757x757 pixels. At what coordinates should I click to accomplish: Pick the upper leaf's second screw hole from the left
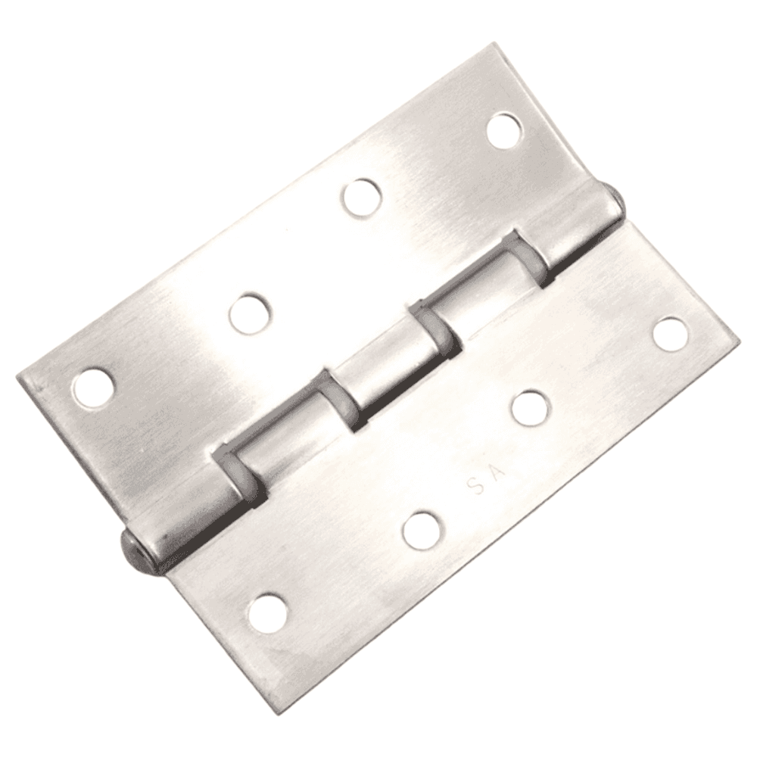click(250, 312)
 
